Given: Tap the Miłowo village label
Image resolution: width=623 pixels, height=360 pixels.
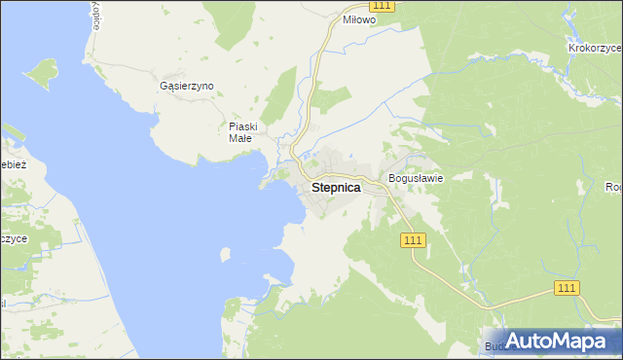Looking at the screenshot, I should [359, 19].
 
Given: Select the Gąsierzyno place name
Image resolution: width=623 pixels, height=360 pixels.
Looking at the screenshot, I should [186, 86].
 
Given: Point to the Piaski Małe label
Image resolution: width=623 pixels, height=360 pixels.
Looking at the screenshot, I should [241, 132].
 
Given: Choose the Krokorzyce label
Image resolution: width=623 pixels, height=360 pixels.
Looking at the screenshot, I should [595, 47].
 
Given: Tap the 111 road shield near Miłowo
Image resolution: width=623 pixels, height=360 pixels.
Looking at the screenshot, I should [383, 6].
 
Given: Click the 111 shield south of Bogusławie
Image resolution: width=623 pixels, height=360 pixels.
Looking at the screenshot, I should [413, 239].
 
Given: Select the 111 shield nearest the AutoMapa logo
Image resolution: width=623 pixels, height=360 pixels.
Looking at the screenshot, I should [568, 287].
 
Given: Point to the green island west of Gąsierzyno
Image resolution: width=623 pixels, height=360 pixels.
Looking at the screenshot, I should [41, 72].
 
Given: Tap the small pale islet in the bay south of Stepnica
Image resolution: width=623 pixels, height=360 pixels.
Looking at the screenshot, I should [226, 255].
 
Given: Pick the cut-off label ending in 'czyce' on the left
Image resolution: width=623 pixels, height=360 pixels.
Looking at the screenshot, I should [14, 238].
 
